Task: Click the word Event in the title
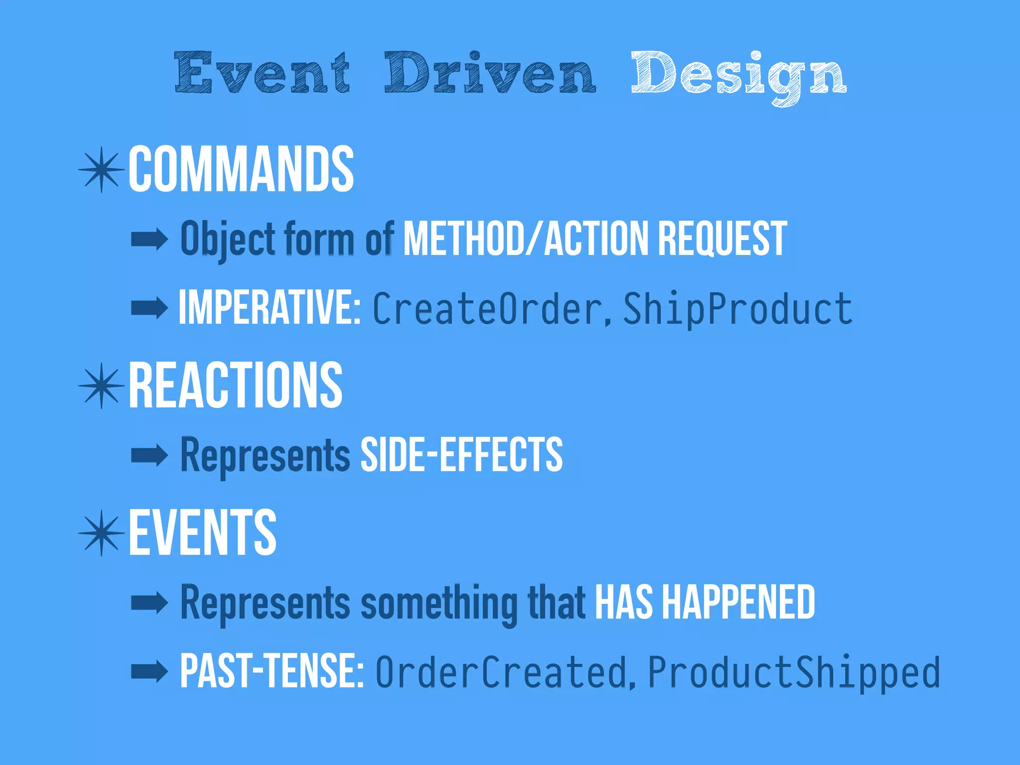click(x=262, y=73)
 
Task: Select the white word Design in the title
click(x=739, y=75)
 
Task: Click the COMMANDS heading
click(x=241, y=169)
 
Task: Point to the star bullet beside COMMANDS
click(x=102, y=170)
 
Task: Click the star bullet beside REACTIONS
click(x=102, y=385)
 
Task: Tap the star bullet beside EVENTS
click(x=102, y=533)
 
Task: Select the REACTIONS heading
click(x=236, y=385)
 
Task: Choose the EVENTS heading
click(x=203, y=533)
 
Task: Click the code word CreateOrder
click(x=487, y=309)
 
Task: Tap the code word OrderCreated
click(x=501, y=672)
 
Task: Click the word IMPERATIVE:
click(x=269, y=308)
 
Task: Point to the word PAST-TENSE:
click(x=272, y=671)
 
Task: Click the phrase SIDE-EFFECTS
click(x=461, y=454)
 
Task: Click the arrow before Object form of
click(x=149, y=240)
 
